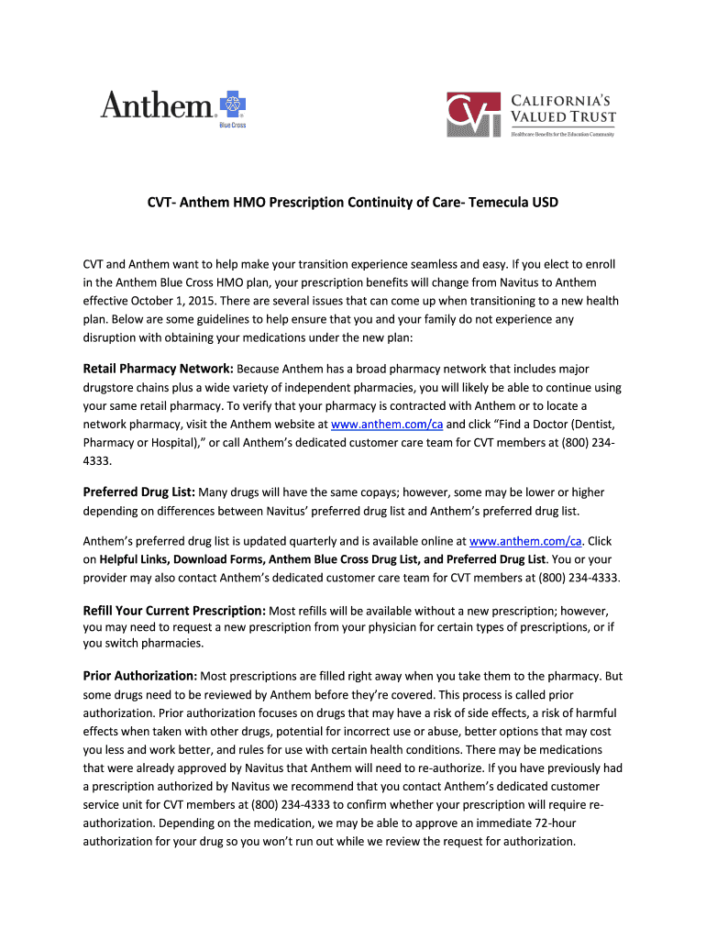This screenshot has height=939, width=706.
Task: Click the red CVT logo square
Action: coord(474,115)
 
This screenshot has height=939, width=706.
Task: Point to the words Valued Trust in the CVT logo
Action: coord(563,116)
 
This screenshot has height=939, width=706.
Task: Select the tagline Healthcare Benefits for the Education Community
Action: coord(562,134)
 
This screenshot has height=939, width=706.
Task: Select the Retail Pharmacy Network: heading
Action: coord(159,369)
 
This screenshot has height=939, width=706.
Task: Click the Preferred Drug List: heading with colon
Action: coord(139,492)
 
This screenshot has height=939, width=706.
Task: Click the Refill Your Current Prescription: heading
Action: coord(174,610)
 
